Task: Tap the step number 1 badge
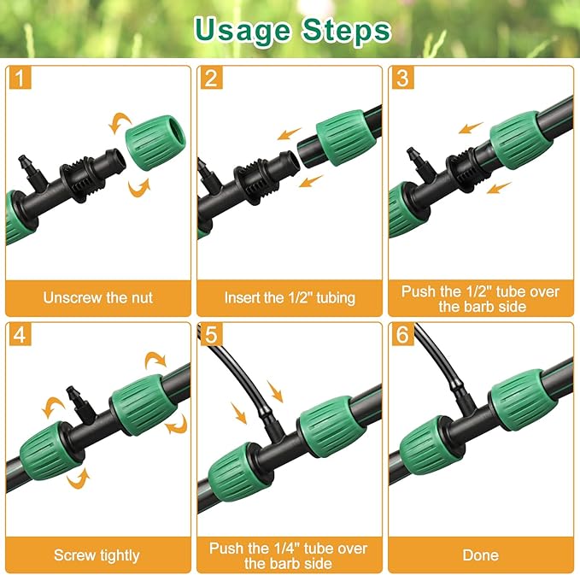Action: (x=21, y=79)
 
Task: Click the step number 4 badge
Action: (x=21, y=334)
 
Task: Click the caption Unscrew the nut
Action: (x=98, y=298)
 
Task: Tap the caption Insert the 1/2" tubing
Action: (x=290, y=298)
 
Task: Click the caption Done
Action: (x=480, y=555)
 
